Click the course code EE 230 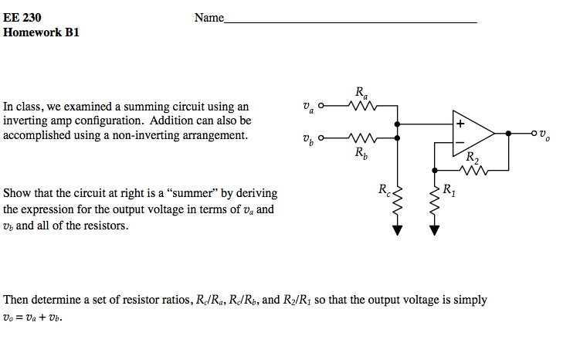[x=22, y=18]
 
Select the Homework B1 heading [x=41, y=32]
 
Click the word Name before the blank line [x=209, y=18]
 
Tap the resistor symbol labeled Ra [x=362, y=107]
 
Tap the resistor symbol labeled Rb [x=362, y=139]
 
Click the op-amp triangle [x=471, y=133]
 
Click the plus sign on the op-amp [x=460, y=124]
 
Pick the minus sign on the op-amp [x=460, y=143]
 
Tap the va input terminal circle [x=322, y=107]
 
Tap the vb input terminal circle [x=322, y=139]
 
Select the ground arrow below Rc [x=397, y=229]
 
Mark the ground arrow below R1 [x=433, y=229]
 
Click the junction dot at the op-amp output [x=508, y=133]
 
